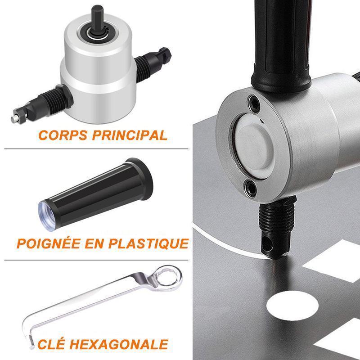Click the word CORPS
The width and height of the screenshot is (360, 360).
[63, 135]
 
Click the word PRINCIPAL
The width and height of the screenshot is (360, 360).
[130, 135]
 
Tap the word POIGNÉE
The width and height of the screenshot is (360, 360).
[49, 243]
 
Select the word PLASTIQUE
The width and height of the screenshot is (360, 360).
[148, 243]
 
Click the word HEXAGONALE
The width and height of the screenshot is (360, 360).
[119, 344]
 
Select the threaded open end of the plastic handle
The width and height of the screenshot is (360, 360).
[47, 216]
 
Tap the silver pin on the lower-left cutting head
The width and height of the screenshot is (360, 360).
[15, 118]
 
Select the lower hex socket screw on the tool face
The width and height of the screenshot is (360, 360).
[250, 188]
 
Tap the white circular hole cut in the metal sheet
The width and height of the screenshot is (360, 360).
[292, 306]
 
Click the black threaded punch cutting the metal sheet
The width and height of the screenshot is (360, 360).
[277, 227]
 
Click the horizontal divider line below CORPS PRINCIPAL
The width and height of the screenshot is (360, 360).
[96, 149]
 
